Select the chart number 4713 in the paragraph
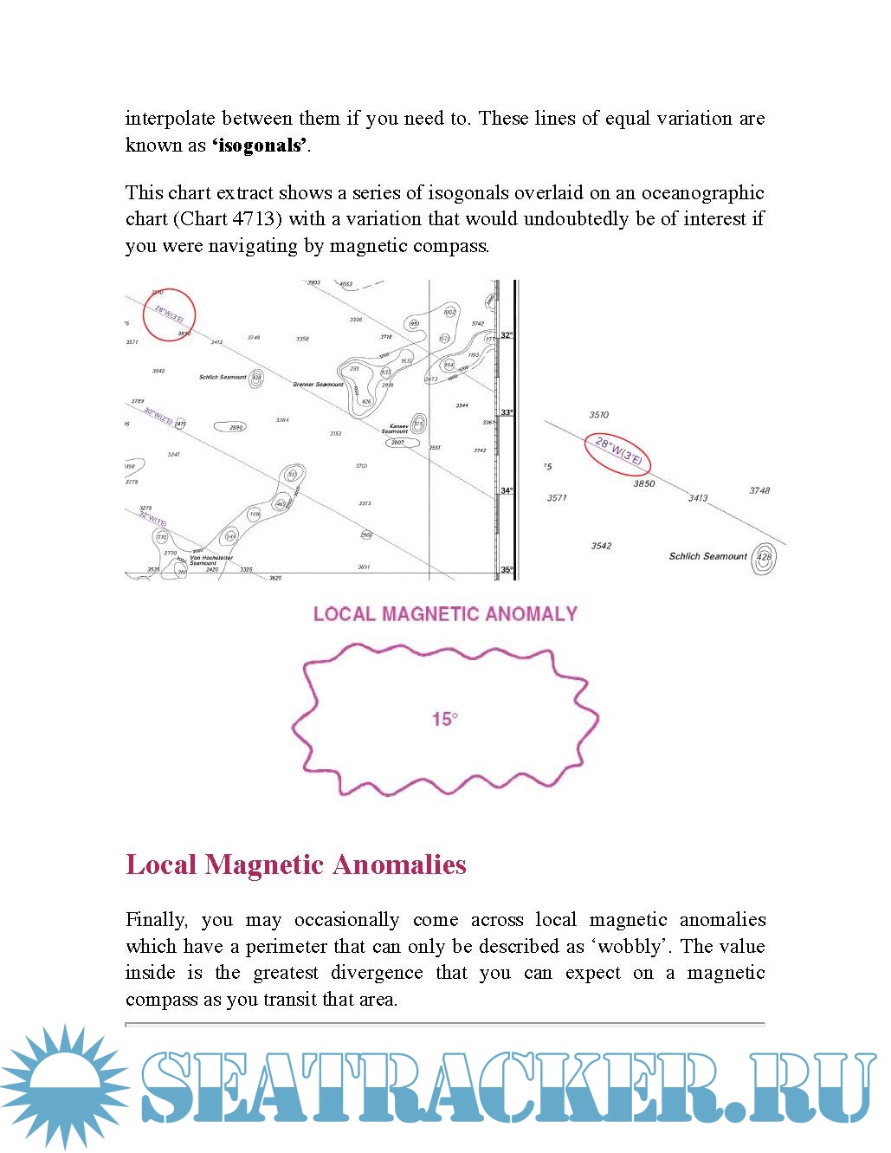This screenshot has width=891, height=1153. (x=255, y=219)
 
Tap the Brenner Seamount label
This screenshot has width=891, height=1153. (x=318, y=385)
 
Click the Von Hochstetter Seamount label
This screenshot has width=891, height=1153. (x=206, y=560)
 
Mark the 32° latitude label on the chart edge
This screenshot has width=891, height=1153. (x=507, y=335)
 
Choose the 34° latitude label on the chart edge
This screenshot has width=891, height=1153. (x=507, y=491)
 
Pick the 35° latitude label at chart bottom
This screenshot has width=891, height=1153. (x=507, y=570)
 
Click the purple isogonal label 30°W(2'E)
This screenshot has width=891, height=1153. (x=158, y=417)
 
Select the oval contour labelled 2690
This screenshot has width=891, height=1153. (x=236, y=427)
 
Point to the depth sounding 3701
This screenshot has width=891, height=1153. (x=361, y=466)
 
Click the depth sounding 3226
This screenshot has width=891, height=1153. (x=356, y=320)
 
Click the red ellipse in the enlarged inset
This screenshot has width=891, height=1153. (x=618, y=454)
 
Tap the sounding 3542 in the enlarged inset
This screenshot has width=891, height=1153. (x=601, y=546)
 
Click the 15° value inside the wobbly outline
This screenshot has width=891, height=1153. (x=445, y=719)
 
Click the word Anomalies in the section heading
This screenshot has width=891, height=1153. (x=399, y=865)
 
